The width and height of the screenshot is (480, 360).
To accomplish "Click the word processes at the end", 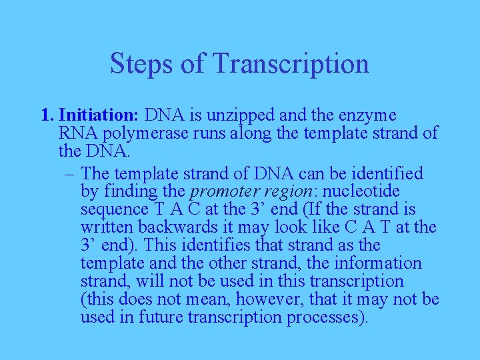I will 327,318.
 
